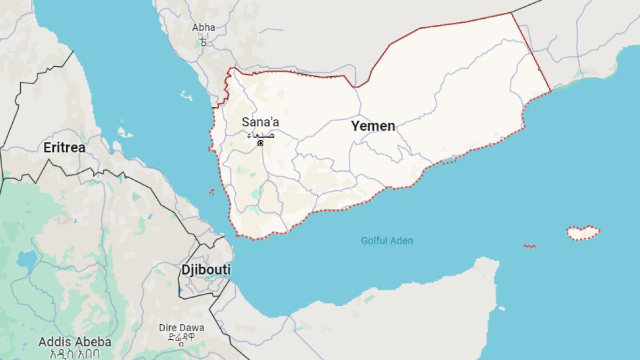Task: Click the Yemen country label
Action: coord(373,126)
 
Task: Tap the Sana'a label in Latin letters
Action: coord(260,122)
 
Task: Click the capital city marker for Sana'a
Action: coord(260,143)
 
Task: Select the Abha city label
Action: coord(204,27)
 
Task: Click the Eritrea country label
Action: coord(65,148)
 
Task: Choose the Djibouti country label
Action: coord(206,270)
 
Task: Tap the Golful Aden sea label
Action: coord(387,241)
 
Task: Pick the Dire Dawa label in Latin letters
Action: coord(181,327)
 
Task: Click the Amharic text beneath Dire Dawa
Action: coord(181,338)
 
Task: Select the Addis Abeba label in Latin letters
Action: coord(75,342)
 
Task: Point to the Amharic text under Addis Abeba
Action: coord(75,353)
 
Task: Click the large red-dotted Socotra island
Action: coord(583,233)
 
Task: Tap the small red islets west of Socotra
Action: coord(530,246)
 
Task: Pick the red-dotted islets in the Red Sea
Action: coord(212,191)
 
